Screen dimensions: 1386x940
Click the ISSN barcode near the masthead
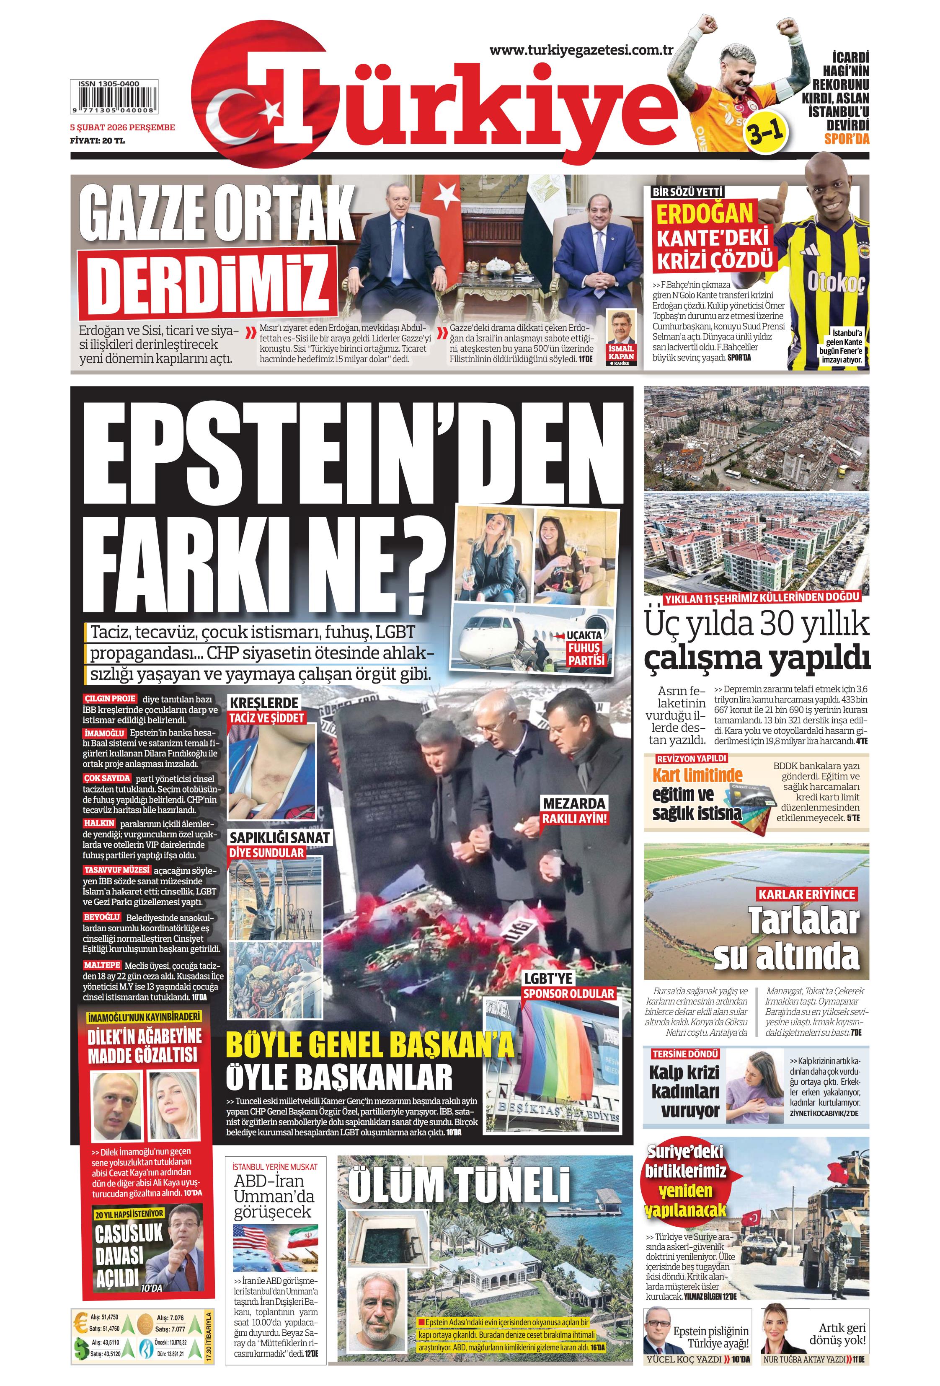[x=113, y=98]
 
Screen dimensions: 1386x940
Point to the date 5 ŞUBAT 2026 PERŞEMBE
[x=122, y=127]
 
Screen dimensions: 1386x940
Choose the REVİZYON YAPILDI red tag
[x=691, y=759]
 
